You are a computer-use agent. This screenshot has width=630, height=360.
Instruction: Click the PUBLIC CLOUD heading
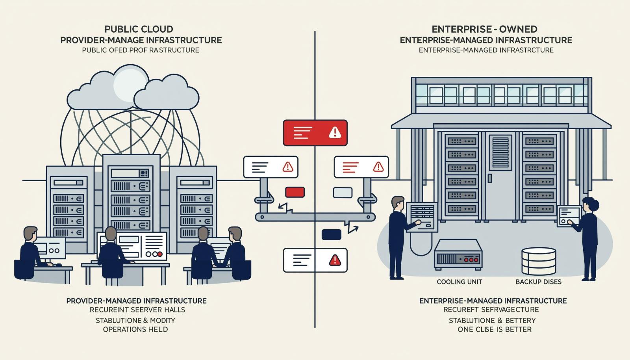pyautogui.click(x=139, y=29)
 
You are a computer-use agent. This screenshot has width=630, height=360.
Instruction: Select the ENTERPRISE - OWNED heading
pyautogui.click(x=485, y=29)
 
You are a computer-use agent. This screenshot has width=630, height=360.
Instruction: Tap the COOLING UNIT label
pyautogui.click(x=459, y=282)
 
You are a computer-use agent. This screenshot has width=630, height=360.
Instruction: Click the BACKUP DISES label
pyautogui.click(x=538, y=282)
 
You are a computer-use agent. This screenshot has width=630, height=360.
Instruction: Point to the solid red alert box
pyautogui.click(x=315, y=133)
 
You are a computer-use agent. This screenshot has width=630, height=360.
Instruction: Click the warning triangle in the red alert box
pyautogui.click(x=335, y=132)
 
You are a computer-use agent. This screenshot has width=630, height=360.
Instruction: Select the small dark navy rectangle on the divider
pyautogui.click(x=331, y=235)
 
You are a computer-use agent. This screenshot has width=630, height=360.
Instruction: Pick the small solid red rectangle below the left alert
pyautogui.click(x=295, y=192)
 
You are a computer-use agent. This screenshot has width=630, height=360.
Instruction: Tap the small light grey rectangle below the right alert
pyautogui.click(x=343, y=193)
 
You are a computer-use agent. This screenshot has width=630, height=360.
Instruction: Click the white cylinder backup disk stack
pyautogui.click(x=539, y=261)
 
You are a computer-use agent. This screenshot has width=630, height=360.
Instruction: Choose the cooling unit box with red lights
pyautogui.click(x=458, y=254)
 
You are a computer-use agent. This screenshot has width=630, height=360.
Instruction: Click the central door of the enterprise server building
pyautogui.click(x=500, y=176)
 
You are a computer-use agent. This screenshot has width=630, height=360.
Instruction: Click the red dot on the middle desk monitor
pyautogui.click(x=160, y=254)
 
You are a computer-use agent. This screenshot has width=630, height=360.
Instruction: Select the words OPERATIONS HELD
pyautogui.click(x=135, y=329)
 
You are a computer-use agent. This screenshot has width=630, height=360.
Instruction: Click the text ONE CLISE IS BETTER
pyautogui.click(x=495, y=329)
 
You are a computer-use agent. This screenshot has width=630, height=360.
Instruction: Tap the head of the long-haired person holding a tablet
pyautogui.click(x=590, y=205)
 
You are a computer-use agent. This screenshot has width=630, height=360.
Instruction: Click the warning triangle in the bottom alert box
pyautogui.click(x=335, y=260)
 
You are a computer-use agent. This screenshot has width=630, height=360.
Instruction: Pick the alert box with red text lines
pyautogui.click(x=361, y=167)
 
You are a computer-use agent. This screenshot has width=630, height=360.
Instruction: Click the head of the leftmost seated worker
pyautogui.click(x=30, y=234)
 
